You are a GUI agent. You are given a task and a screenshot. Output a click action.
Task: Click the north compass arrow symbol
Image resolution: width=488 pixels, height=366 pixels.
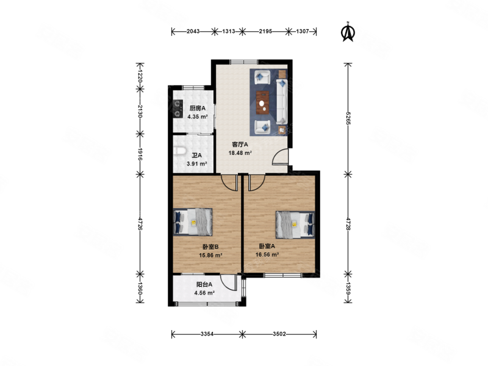pyautogui.click(x=348, y=32)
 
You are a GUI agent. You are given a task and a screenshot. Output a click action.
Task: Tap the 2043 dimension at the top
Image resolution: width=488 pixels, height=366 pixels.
pyautogui.click(x=193, y=32)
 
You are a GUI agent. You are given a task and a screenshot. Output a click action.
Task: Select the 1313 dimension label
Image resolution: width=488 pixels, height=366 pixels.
pyautogui.click(x=228, y=32)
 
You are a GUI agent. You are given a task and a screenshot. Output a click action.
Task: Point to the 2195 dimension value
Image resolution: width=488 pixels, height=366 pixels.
pyautogui.click(x=265, y=32)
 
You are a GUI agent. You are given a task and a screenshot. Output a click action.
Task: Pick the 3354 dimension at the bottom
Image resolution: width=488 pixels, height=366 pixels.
pyautogui.click(x=207, y=334)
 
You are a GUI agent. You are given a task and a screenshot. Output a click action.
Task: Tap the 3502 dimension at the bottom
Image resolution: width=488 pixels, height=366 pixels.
pyautogui.click(x=279, y=334)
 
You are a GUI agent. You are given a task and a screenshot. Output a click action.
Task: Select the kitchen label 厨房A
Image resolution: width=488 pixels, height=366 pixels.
pyautogui.click(x=198, y=109)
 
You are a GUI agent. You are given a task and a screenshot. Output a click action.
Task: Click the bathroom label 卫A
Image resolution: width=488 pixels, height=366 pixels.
pyautogui.click(x=196, y=156)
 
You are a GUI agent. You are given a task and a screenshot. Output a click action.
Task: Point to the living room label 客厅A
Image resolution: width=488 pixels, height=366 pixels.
pyautogui.click(x=240, y=145)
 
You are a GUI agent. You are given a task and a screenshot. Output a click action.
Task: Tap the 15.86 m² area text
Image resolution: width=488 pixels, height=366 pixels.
pyautogui.click(x=210, y=255)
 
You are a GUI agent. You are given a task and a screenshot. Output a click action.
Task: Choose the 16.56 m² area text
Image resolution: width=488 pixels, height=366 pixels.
pyautogui.click(x=267, y=254)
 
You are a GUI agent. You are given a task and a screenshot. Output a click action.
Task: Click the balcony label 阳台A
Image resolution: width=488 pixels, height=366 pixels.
pyautogui.click(x=204, y=284)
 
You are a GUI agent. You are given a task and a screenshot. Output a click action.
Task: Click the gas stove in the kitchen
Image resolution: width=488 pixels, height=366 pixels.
pyautogui.click(x=178, y=109)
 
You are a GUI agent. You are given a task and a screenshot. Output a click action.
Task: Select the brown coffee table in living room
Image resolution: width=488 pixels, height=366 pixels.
pyautogui.click(x=264, y=102)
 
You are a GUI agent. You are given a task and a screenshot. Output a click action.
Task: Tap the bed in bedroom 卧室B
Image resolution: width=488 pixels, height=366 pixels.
pyautogui.click(x=193, y=222)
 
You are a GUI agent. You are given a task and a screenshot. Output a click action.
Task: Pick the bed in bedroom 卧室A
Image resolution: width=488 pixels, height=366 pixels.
pyautogui.click(x=295, y=224)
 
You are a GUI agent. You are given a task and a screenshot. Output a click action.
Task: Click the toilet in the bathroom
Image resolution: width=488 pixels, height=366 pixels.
pyautogui.click(x=179, y=151)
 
